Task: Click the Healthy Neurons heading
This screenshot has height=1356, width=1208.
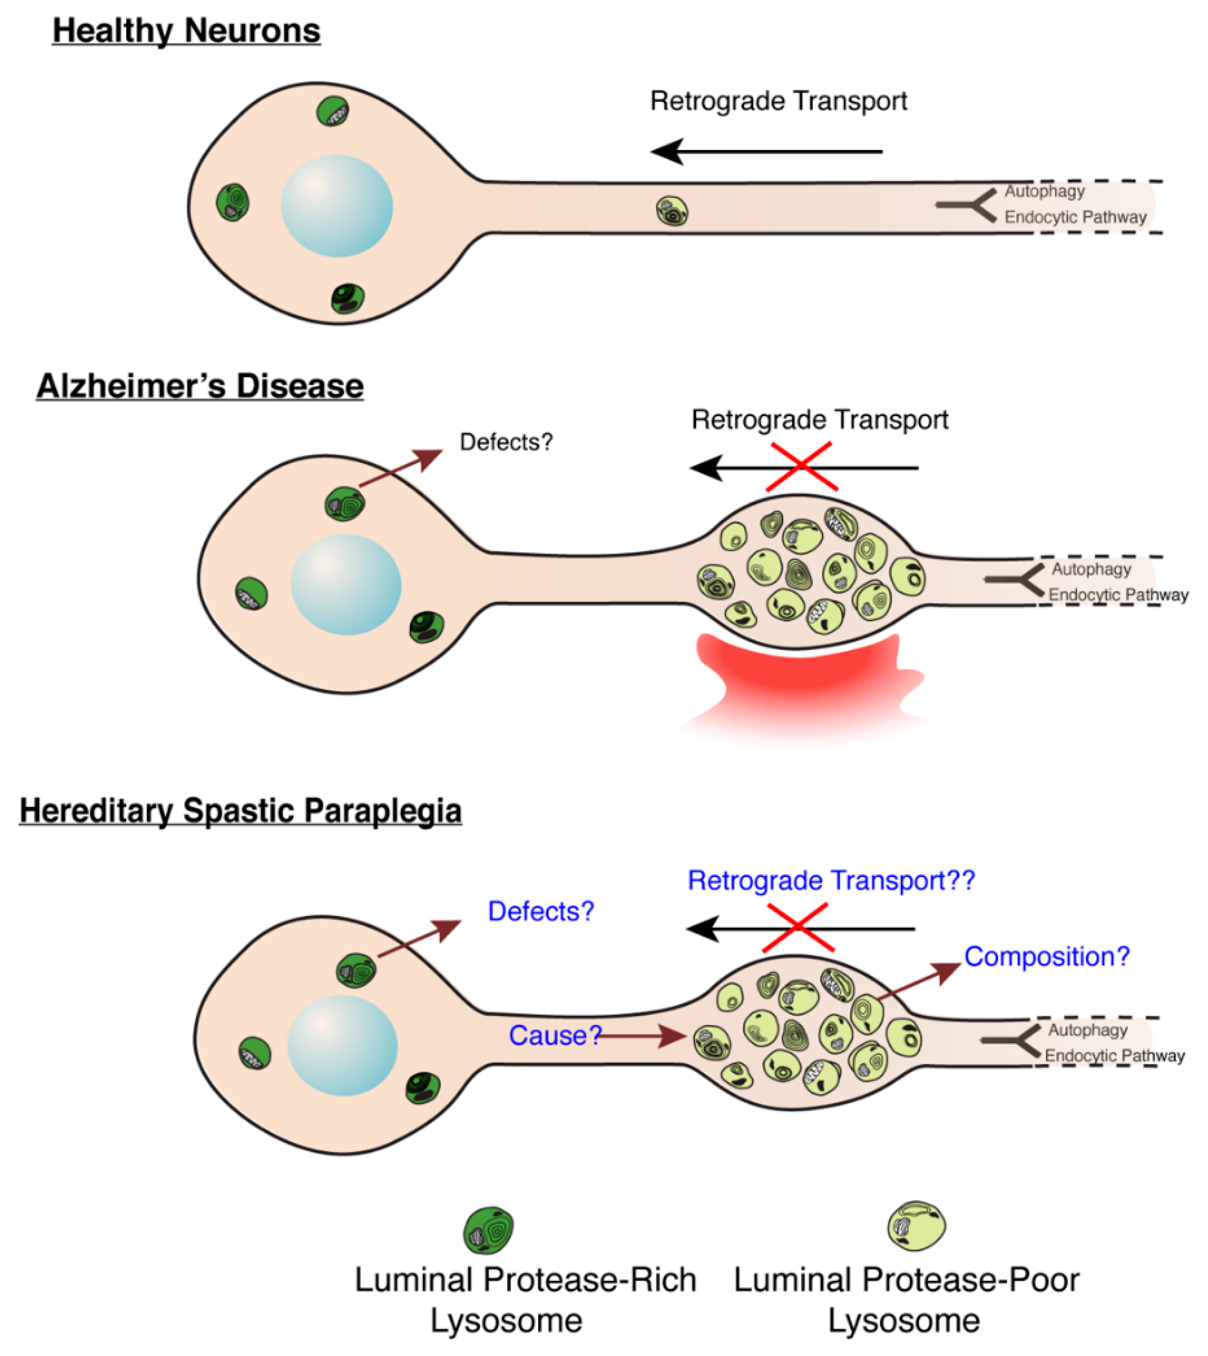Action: pos(187,31)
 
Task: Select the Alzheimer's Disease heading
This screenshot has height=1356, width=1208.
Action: pos(200,386)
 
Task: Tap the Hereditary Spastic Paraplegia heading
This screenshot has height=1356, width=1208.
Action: pos(240,811)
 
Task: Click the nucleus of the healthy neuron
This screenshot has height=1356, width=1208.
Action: pos(337,206)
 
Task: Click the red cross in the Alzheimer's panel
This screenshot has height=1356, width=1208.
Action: pos(801,467)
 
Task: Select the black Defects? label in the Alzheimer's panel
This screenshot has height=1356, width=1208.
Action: pos(506,442)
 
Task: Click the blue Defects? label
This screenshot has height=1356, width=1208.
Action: pos(541,911)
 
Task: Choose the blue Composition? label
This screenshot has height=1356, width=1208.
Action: pos(1047,957)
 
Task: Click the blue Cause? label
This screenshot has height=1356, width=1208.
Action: pos(554,1036)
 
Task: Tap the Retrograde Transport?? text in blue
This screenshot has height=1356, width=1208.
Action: pos(831,881)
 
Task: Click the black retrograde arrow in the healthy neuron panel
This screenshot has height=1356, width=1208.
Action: pos(767,152)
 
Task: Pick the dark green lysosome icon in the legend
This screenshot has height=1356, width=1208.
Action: pos(489,1230)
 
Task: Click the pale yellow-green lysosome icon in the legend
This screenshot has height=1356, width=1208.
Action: pos(917,1225)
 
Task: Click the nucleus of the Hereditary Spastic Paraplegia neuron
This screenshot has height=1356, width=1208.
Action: pos(342,1046)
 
